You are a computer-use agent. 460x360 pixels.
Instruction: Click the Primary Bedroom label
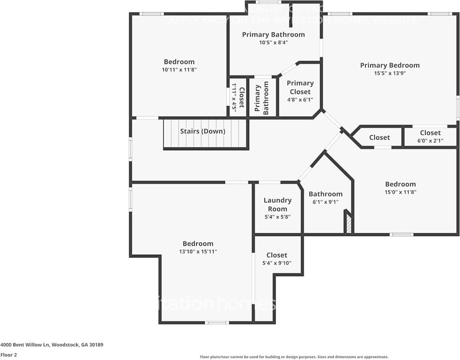point(389,65)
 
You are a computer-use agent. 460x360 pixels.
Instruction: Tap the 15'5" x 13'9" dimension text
point(389,73)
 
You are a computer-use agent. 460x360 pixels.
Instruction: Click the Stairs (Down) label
point(203,131)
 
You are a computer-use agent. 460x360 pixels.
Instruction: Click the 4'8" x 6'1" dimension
point(300,100)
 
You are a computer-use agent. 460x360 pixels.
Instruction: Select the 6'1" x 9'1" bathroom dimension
point(325,202)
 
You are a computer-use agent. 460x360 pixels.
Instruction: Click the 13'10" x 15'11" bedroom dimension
point(198,251)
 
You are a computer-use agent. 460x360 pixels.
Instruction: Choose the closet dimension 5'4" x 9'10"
point(277,263)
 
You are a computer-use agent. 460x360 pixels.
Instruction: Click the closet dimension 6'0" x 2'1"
point(430,141)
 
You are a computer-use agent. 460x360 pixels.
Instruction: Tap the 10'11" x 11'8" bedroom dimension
point(179,70)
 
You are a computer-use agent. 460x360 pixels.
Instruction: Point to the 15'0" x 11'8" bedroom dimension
point(400,192)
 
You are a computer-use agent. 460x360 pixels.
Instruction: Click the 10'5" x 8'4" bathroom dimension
point(273,42)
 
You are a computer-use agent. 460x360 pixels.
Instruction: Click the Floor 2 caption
point(9,355)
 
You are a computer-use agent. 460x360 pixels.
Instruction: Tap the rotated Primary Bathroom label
point(262,98)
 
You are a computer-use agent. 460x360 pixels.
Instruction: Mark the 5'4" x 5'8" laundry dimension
point(278,217)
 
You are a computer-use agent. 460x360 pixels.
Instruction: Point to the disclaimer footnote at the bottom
point(294,357)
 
